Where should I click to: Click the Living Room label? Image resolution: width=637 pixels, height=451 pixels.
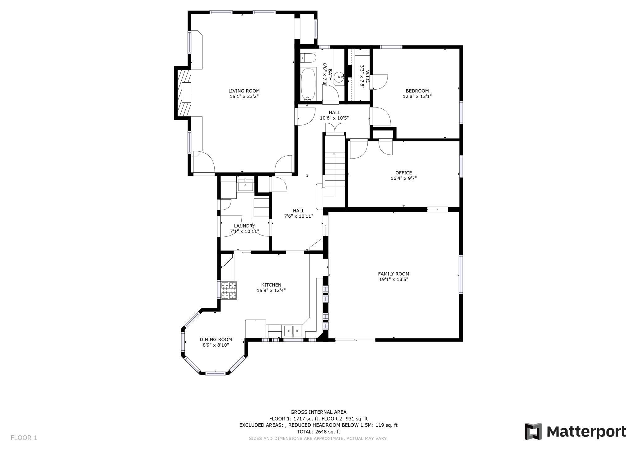pos(244,91)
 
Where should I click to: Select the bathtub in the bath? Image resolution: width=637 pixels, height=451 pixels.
pos(308,84)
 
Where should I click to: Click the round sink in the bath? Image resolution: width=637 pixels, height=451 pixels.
pos(339,76)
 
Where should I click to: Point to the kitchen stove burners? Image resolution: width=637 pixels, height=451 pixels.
pos(229,290)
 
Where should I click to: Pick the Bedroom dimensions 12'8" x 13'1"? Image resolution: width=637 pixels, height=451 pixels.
pos(417,97)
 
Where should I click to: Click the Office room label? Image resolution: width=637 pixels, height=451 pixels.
pos(403,173)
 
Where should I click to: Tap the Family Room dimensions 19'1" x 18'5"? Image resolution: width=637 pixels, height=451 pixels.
pos(393,279)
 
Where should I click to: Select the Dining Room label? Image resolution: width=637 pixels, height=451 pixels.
pos(216,339)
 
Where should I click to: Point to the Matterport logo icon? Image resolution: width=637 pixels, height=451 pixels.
pos(533,431)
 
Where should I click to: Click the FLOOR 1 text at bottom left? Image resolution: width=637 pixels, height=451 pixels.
pos(24,438)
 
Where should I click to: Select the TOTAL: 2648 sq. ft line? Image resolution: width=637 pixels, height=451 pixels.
pos(318,432)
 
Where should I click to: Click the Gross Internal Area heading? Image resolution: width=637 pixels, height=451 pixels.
pos(318,412)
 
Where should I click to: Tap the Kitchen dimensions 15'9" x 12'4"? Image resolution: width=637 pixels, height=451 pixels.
pos(271,290)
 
